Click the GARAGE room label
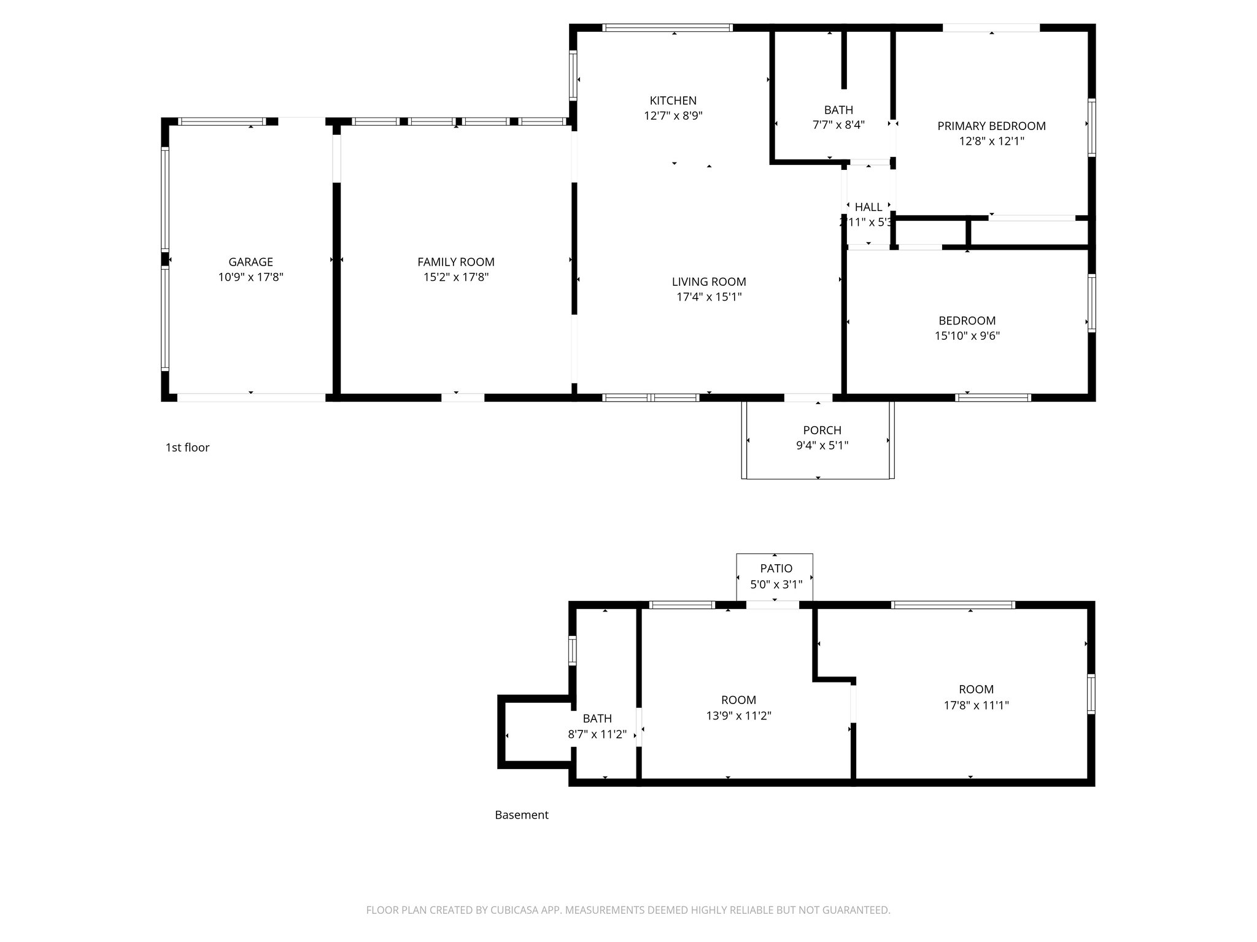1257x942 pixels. tap(250, 262)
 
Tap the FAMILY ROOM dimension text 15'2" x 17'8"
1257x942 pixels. tap(455, 277)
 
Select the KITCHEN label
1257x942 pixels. tap(673, 101)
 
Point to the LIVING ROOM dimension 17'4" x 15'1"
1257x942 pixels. tap(708, 297)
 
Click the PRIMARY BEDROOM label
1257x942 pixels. tap(991, 126)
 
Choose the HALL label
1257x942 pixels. tap(868, 207)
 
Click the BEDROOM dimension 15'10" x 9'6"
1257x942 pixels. tap(967, 336)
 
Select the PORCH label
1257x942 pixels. tap(822, 430)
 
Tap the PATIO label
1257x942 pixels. tap(776, 569)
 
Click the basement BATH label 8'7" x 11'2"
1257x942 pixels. tap(597, 718)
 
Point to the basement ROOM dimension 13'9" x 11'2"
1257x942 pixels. tap(738, 716)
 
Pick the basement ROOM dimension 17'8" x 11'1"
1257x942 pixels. tap(976, 705)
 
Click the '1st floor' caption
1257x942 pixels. tap(187, 448)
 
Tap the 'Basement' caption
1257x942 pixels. tap(521, 815)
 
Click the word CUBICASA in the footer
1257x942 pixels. tap(515, 910)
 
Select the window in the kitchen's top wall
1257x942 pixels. tap(667, 28)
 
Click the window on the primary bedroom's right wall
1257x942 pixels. tap(1091, 128)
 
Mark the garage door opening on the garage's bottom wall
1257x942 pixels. tap(251, 397)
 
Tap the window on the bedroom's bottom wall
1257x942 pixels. tap(992, 397)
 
